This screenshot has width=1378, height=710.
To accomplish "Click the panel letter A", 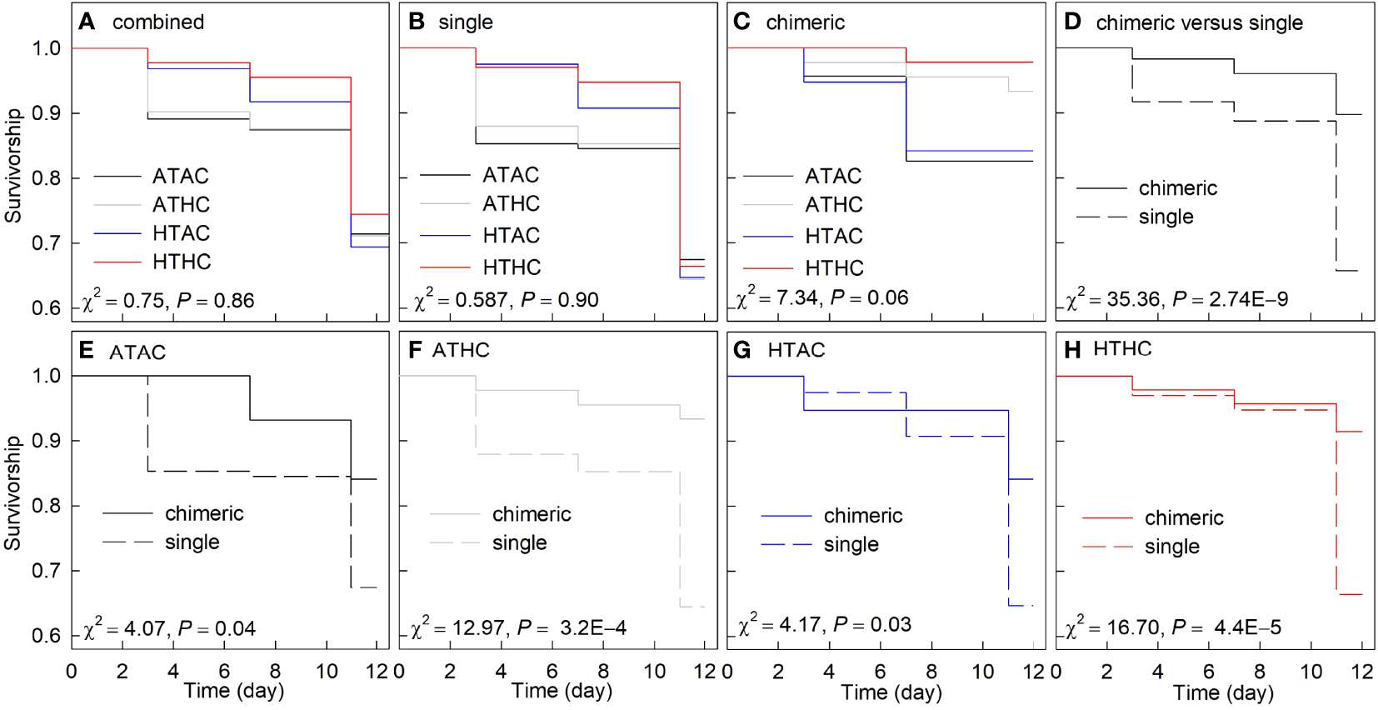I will pos(86,22).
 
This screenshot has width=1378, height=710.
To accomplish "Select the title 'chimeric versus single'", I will pos(1199,23).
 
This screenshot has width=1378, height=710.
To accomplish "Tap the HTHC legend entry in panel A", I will pos(182,262).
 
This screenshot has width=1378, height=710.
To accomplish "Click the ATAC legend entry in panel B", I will pos(511,175).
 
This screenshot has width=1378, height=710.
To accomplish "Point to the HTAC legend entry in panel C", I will pos(834,237).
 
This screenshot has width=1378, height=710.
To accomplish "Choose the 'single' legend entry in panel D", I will pos(1166,217).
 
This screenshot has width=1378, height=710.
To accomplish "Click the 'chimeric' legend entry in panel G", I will pos(862,516).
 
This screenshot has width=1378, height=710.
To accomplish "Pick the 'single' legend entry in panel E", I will pos(192,542).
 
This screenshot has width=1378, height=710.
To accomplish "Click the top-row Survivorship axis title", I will pos(13,165).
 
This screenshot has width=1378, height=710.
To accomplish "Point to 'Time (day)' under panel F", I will pos(562,691).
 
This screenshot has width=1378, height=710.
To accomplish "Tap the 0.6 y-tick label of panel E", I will pos(46,636).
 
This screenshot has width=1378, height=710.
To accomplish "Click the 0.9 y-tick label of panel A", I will pos(46,113).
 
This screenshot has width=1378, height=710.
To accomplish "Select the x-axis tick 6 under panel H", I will pos(1209,672).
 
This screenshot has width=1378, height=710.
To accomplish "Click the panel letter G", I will pos(741,351).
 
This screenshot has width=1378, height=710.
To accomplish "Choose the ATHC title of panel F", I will pos(461,351).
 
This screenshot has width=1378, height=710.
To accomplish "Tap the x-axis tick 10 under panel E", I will pos(327,672).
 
